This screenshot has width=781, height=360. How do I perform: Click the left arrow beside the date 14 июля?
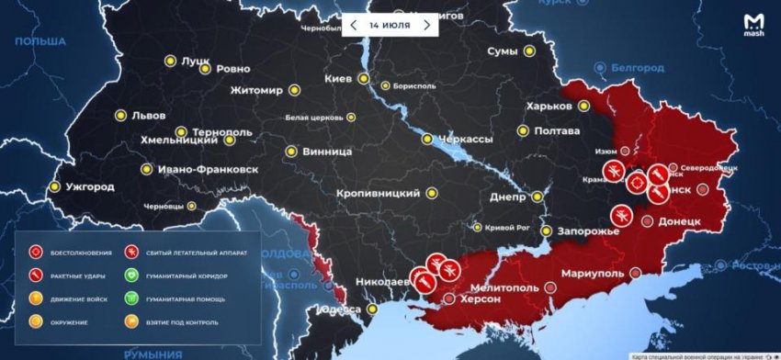click(353, 25)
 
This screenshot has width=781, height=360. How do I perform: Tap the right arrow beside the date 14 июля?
click(426, 25)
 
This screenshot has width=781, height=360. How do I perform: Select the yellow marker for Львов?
click(119, 116)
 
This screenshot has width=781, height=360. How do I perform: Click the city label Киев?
click(338, 79)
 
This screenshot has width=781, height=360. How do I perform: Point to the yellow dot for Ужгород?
click(55, 186)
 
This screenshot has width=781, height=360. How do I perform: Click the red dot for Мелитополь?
click(550, 287)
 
